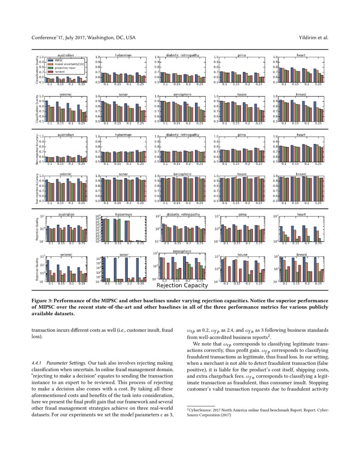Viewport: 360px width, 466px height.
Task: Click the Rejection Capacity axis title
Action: pyautogui.click(x=182, y=286)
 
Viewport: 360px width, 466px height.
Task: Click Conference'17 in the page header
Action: pyautogui.click(x=46, y=38)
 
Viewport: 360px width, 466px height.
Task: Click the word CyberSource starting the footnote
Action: pyautogui.click(x=201, y=411)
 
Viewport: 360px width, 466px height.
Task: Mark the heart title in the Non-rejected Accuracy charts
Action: pyautogui.click(x=301, y=135)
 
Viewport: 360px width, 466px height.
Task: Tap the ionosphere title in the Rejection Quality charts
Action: pyautogui.click(x=182, y=252)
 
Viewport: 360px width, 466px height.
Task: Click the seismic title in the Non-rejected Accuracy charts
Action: pyautogui.click(x=65, y=174)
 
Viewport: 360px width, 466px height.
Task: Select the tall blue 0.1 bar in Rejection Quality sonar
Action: pyautogui.click(x=104, y=269)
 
